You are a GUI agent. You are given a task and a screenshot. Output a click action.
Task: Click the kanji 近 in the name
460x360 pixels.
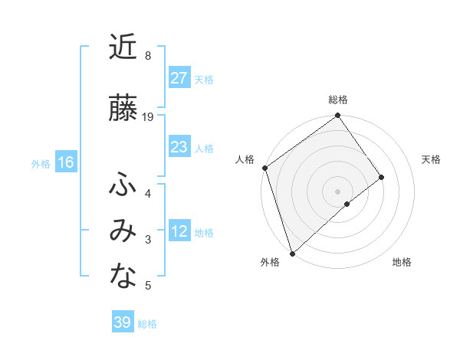click(123, 47)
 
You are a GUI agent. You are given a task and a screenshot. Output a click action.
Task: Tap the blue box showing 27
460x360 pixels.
click(179, 78)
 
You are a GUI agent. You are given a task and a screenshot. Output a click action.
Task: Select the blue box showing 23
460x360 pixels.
click(179, 147)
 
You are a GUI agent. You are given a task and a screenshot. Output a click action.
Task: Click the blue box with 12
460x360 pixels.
click(179, 231)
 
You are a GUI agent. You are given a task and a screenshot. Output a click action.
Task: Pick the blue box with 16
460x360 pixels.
click(65, 162)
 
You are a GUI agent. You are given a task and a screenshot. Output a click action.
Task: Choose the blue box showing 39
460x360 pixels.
click(122, 322)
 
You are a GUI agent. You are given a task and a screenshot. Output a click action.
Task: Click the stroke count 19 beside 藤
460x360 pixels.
click(148, 117)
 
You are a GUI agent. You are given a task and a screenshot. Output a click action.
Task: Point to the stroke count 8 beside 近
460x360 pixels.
click(147, 55)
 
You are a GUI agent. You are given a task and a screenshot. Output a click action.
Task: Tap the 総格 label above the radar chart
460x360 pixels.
click(338, 100)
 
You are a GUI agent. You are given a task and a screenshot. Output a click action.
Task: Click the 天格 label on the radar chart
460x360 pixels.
click(431, 159)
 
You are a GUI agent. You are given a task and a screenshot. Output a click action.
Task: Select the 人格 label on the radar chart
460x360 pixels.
click(245, 159)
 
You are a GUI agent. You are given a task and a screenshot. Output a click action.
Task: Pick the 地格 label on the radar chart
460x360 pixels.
click(402, 262)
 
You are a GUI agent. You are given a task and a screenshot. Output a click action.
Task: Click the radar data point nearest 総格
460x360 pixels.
click(337, 117)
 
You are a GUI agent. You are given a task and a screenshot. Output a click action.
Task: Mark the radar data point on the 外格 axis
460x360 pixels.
click(292, 253)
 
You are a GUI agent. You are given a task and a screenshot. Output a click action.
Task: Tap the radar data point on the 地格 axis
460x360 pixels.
click(347, 204)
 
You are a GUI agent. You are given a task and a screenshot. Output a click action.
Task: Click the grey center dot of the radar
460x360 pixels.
click(337, 191)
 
